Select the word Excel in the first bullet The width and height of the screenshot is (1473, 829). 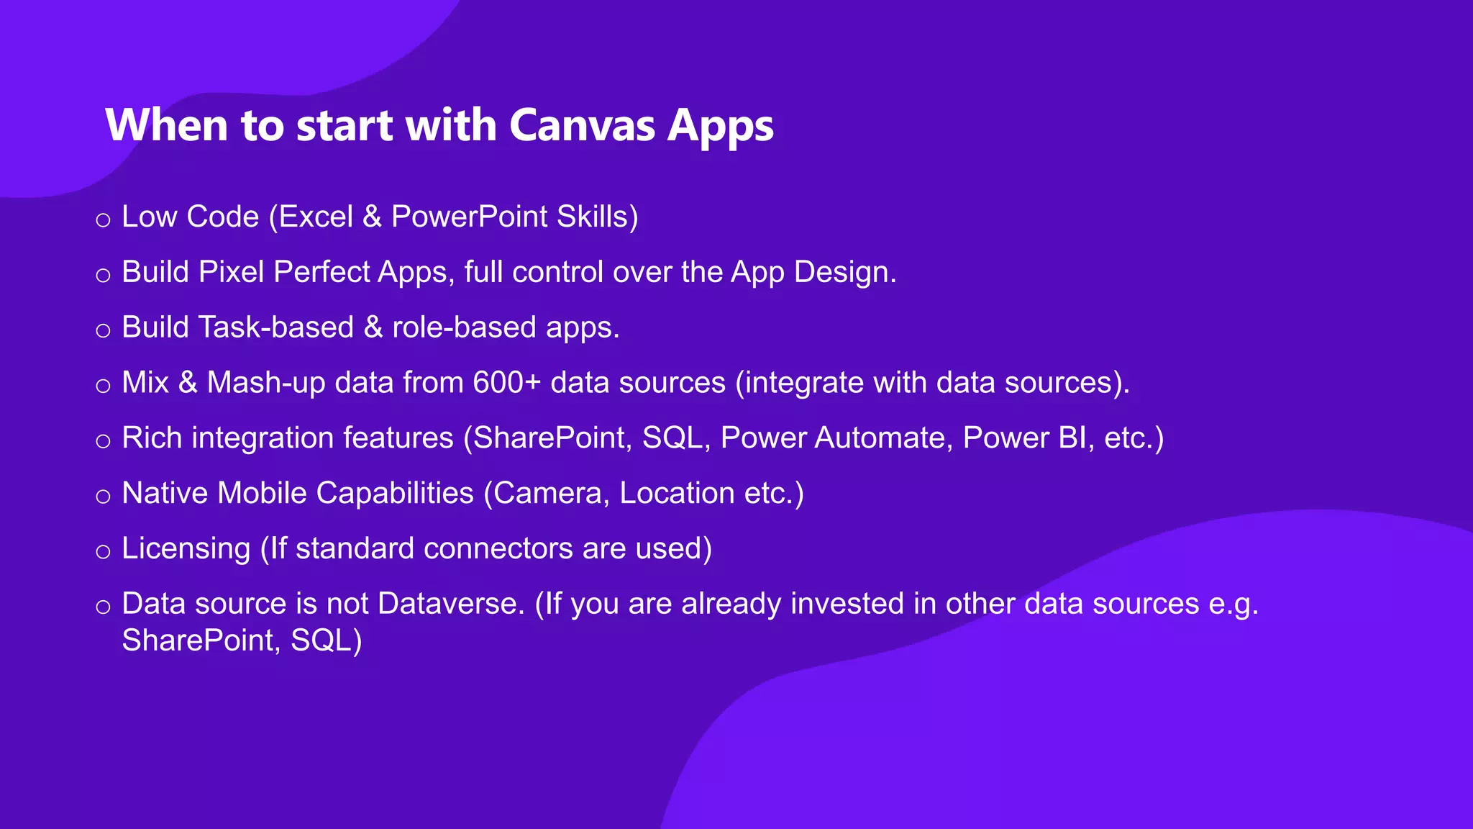[x=316, y=217]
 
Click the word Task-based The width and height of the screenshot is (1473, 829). [x=275, y=327]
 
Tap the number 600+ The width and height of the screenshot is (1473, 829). [x=506, y=383]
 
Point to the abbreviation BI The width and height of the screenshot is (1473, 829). [x=1073, y=438]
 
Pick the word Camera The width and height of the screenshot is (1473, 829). [x=547, y=494]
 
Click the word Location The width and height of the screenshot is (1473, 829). [x=677, y=494]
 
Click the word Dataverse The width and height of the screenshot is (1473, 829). [x=451, y=604]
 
